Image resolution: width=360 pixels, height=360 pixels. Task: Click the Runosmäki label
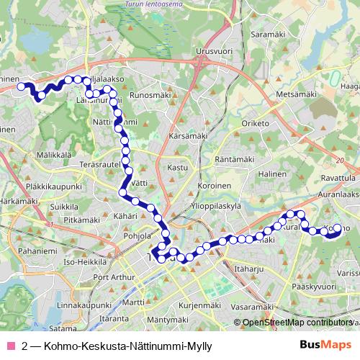150,94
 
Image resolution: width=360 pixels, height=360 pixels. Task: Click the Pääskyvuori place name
314,287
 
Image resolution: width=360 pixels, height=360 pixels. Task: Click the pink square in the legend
11,346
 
